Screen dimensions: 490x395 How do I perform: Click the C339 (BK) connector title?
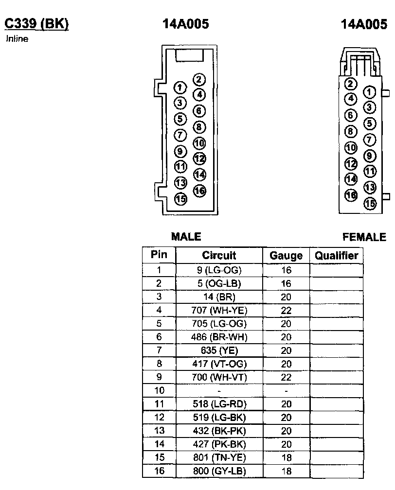tap(36, 24)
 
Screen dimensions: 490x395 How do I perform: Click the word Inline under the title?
tap(17, 39)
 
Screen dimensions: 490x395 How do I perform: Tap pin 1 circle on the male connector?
tap(180, 87)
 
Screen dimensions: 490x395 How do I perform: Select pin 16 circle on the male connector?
tap(199, 191)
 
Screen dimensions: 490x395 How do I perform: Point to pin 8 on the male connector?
tap(199, 127)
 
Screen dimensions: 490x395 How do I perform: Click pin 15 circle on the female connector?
tap(370, 203)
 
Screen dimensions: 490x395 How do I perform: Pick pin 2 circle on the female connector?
tap(351, 84)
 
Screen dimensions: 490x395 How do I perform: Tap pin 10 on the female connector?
tap(351, 148)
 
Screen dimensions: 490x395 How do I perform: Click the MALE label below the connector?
tap(186, 237)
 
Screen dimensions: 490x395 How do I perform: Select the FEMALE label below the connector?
tap(364, 237)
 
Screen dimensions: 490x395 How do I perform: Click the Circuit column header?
tap(219, 256)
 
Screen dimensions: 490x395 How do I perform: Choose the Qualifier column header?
tap(337, 256)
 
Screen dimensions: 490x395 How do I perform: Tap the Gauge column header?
tap(286, 256)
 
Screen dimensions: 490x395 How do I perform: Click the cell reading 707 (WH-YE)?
tap(219, 310)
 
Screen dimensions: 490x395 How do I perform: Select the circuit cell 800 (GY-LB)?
tap(219, 471)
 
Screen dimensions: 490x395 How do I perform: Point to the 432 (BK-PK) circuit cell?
tap(219, 431)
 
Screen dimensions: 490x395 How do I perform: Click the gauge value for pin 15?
tap(286, 458)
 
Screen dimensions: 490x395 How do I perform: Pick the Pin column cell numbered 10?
tap(159, 391)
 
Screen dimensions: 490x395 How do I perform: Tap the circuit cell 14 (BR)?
tap(219, 297)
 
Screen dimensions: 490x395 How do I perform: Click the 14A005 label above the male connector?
tap(185, 24)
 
